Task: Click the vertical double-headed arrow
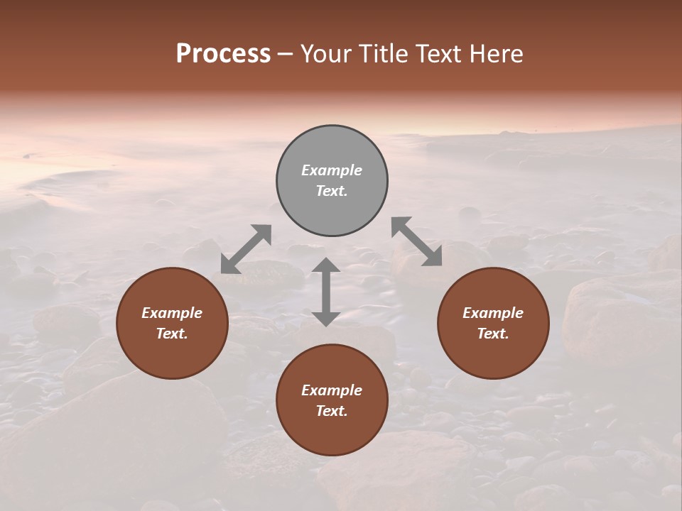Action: (326, 292)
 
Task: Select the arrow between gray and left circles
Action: (246, 248)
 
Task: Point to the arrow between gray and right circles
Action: (416, 241)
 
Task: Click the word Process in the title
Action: (223, 54)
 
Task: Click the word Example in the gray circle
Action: (332, 170)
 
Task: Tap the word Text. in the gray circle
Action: (332, 191)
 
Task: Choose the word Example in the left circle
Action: (172, 313)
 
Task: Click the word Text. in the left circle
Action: (172, 334)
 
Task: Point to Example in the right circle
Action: (493, 313)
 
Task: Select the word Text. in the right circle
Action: (493, 334)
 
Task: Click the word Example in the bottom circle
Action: (332, 390)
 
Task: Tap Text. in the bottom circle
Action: (332, 411)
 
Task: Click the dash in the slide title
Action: (286, 55)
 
